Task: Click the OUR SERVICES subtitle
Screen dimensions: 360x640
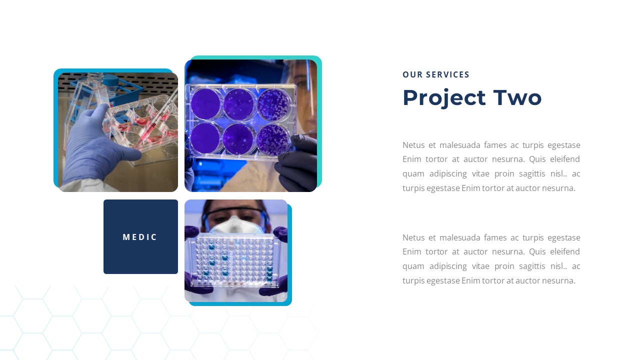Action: pos(436,74)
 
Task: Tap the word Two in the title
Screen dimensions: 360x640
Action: pos(517,98)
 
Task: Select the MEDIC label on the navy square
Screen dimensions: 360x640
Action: pos(140,237)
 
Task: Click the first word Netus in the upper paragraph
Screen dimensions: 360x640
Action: pos(413,145)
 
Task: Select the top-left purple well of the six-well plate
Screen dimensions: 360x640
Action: pos(205,102)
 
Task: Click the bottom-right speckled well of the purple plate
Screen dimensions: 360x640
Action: pos(273,138)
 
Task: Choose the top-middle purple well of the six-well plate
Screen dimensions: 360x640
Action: pos(239,103)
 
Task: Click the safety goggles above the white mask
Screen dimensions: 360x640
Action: pos(235,214)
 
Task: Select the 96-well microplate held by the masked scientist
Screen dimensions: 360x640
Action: pos(235,260)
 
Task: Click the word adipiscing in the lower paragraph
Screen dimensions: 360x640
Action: pos(447,266)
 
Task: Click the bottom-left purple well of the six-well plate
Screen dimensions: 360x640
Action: pos(205,138)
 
